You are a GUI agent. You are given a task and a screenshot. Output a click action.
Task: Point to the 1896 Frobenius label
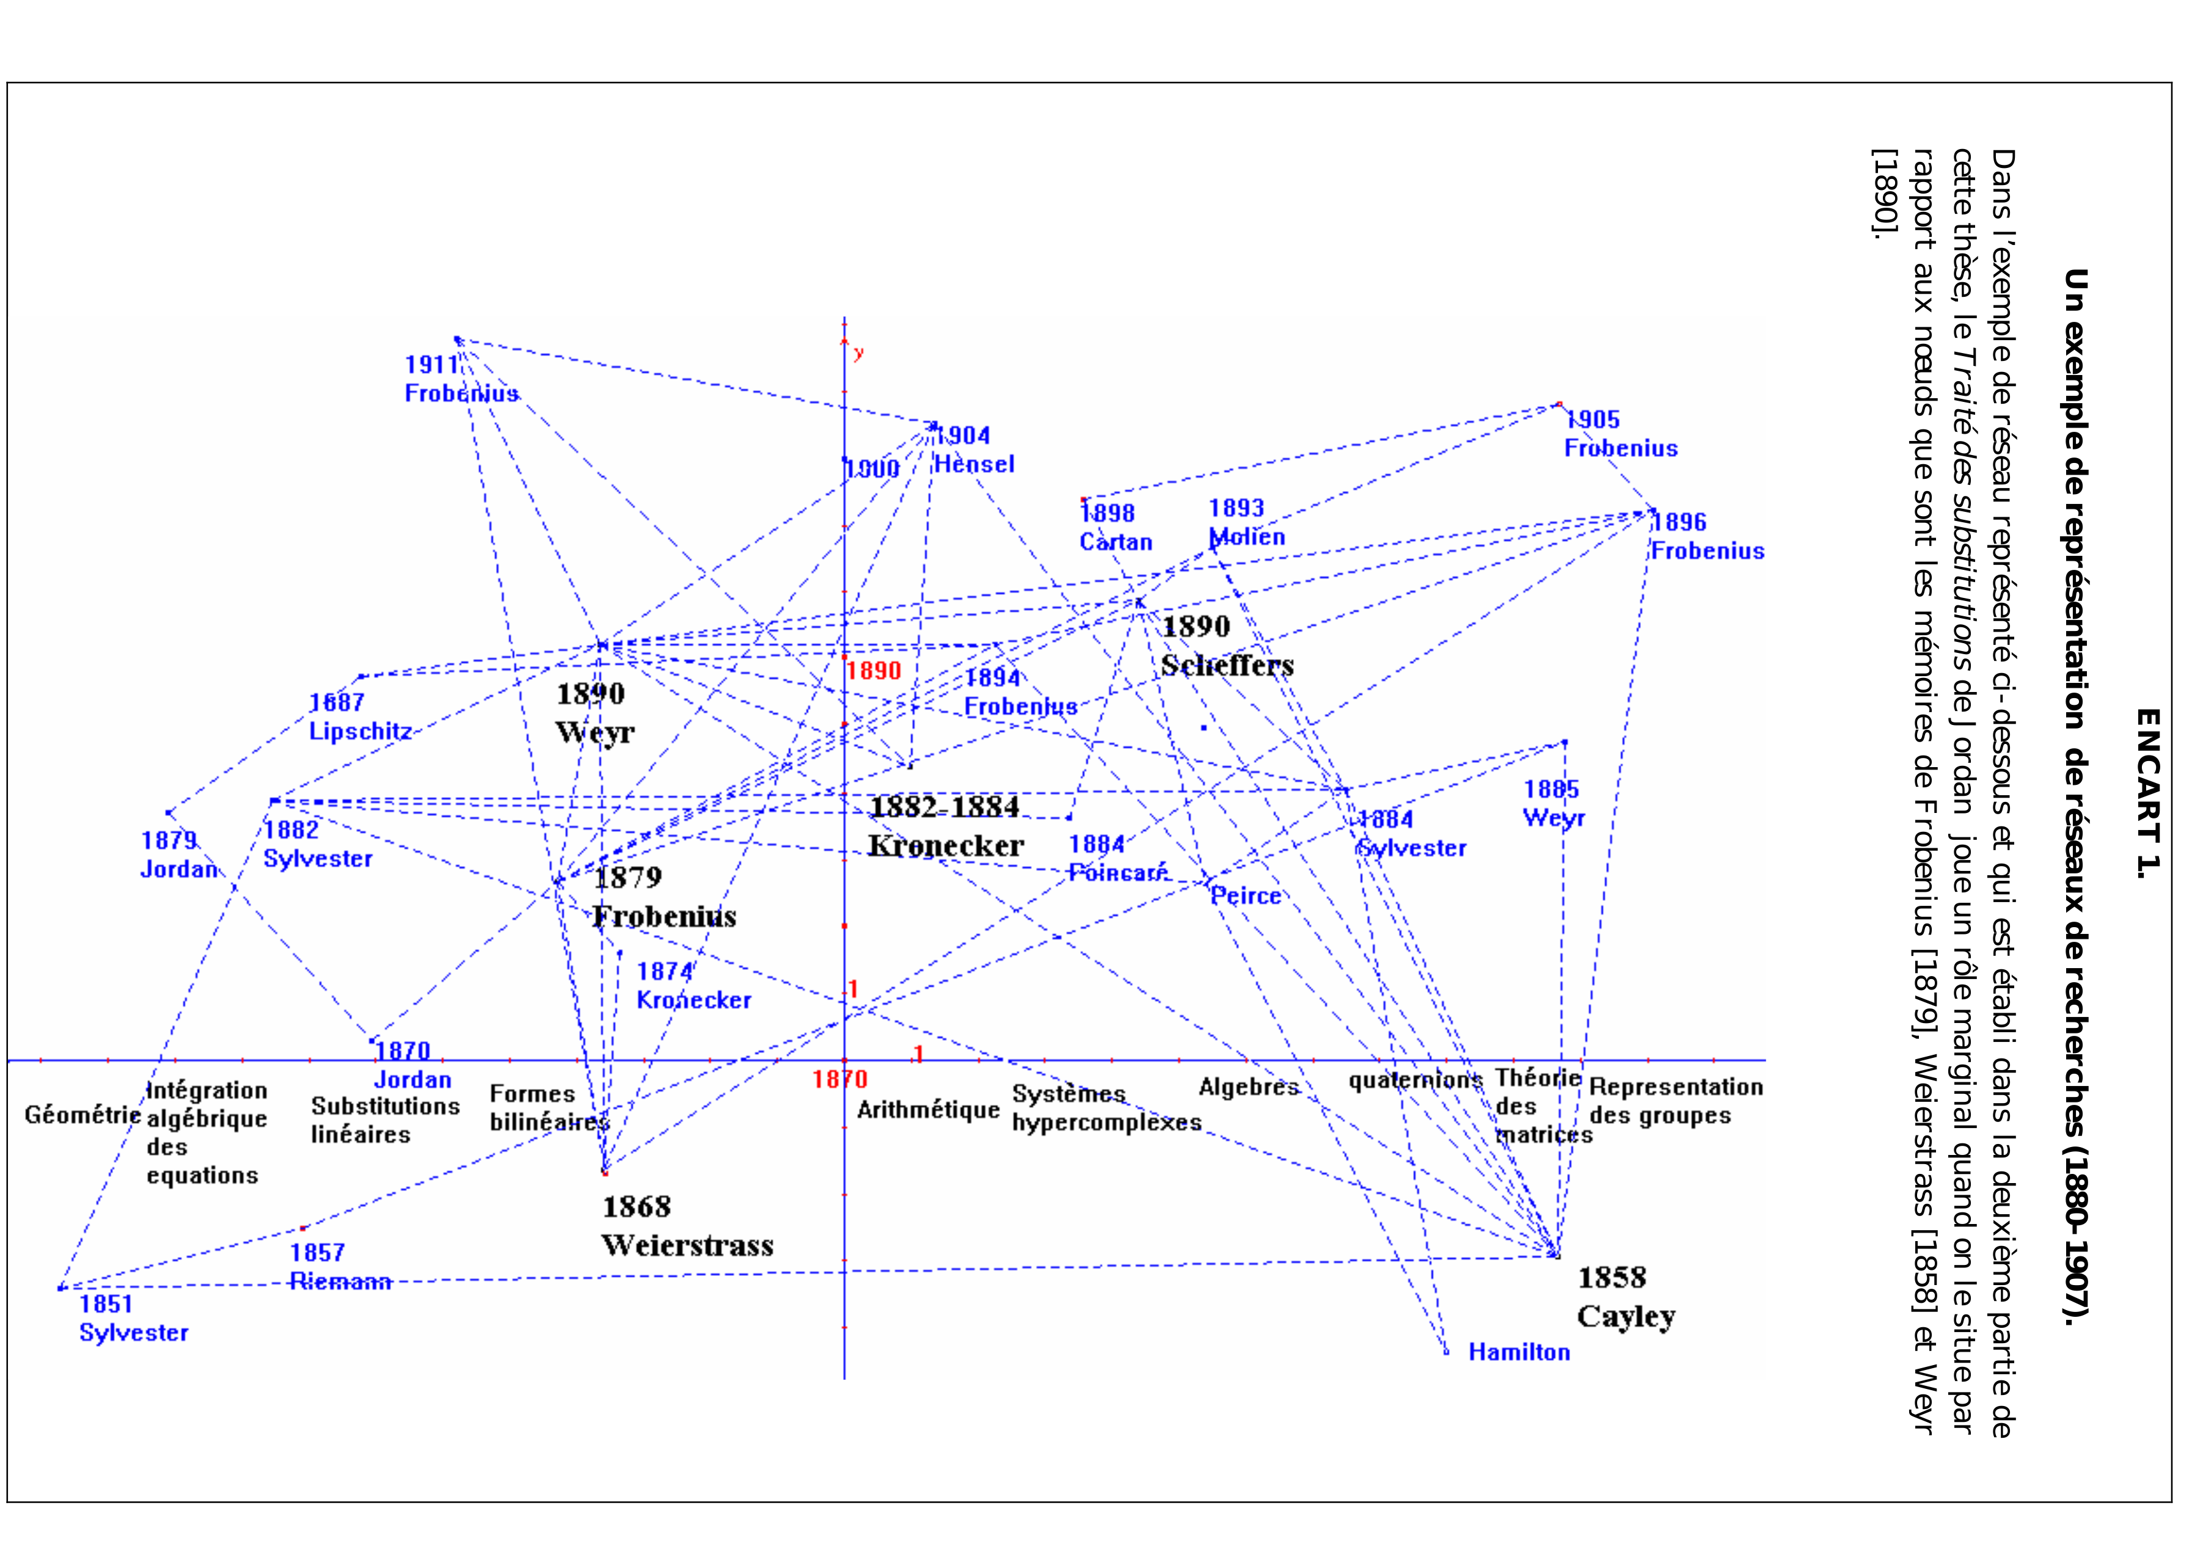tap(1707, 537)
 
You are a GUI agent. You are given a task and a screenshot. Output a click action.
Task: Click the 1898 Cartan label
tap(1115, 527)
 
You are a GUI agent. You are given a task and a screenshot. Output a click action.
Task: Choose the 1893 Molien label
tap(1246, 522)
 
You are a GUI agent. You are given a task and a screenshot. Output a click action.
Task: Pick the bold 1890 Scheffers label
tap(1227, 646)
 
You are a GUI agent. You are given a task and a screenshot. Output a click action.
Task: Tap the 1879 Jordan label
tap(178, 854)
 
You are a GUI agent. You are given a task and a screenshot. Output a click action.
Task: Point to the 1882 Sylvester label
tap(317, 844)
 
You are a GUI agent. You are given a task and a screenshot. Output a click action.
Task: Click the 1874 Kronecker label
tap(693, 985)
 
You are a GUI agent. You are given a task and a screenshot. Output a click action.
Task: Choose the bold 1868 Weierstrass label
tap(687, 1226)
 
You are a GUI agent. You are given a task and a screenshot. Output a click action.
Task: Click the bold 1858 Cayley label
tap(1625, 1297)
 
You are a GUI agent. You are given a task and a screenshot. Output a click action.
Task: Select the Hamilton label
tap(1518, 1352)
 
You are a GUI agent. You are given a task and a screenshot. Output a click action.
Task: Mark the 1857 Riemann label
tap(340, 1267)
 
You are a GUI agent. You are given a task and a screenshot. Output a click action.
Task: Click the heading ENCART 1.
tap(2146, 792)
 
